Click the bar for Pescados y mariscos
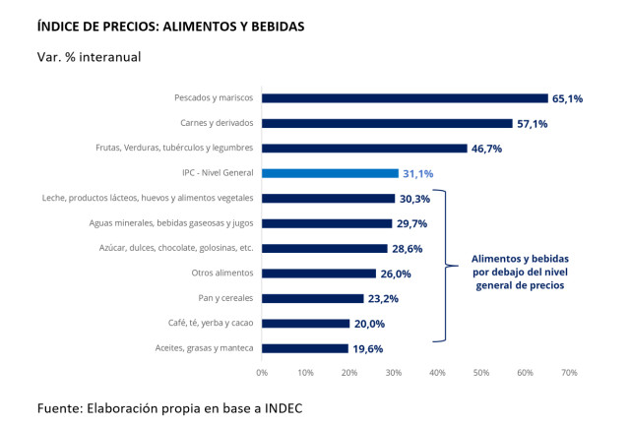(x=405, y=98)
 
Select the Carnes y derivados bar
(x=387, y=123)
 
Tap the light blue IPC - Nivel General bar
(x=330, y=173)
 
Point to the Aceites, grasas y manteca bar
(x=304, y=348)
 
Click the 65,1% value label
(x=567, y=98)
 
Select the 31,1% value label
(x=418, y=173)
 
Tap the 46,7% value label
(x=487, y=149)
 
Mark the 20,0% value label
(x=369, y=324)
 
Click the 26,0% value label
(x=396, y=274)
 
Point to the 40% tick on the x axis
(x=437, y=373)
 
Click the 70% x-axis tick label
(x=568, y=373)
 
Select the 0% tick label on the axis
(x=262, y=373)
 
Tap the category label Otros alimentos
(x=222, y=274)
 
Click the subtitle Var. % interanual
(x=89, y=56)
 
